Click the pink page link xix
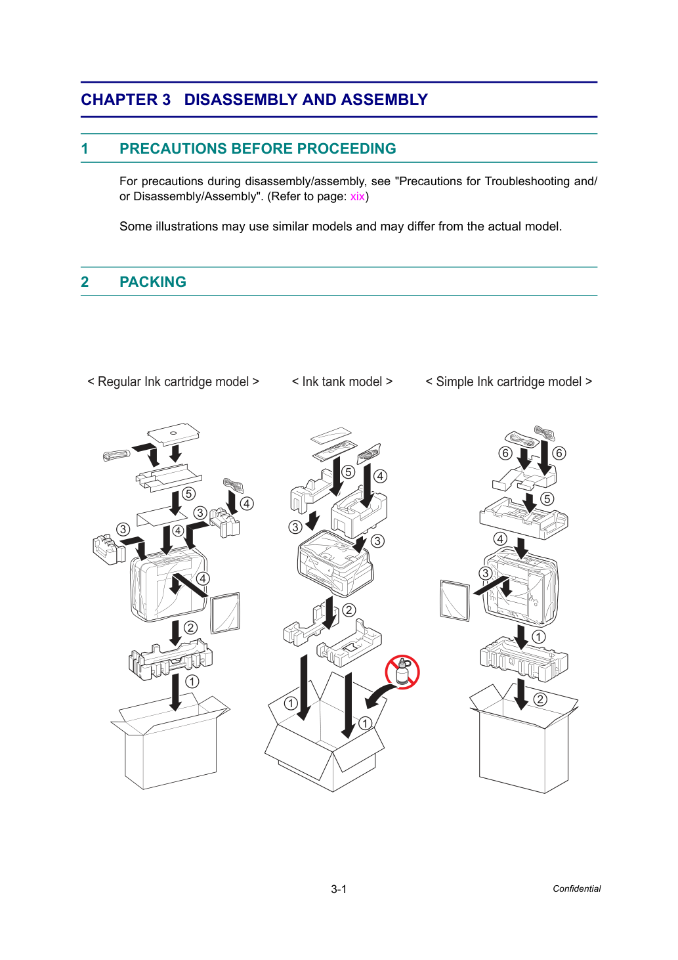pos(357,197)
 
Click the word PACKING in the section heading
pos(153,282)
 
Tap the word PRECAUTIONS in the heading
pos(173,148)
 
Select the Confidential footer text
pos(576,888)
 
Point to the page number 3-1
pos(339,889)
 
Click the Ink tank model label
pos(342,382)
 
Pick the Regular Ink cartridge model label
pos(173,382)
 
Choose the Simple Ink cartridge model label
pos(509,382)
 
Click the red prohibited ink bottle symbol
pos(402,672)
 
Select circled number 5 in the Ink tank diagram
pos(349,472)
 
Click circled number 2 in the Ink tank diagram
pos(349,610)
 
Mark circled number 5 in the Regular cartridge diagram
pos(188,494)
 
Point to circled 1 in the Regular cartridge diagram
pos(192,682)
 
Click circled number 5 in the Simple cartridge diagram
pos(547,499)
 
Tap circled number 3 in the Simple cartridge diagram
pos(485,573)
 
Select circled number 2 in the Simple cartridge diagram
pos(540,699)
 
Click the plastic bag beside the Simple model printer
pos(455,600)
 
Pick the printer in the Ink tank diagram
pos(335,563)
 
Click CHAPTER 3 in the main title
pos(126,99)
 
